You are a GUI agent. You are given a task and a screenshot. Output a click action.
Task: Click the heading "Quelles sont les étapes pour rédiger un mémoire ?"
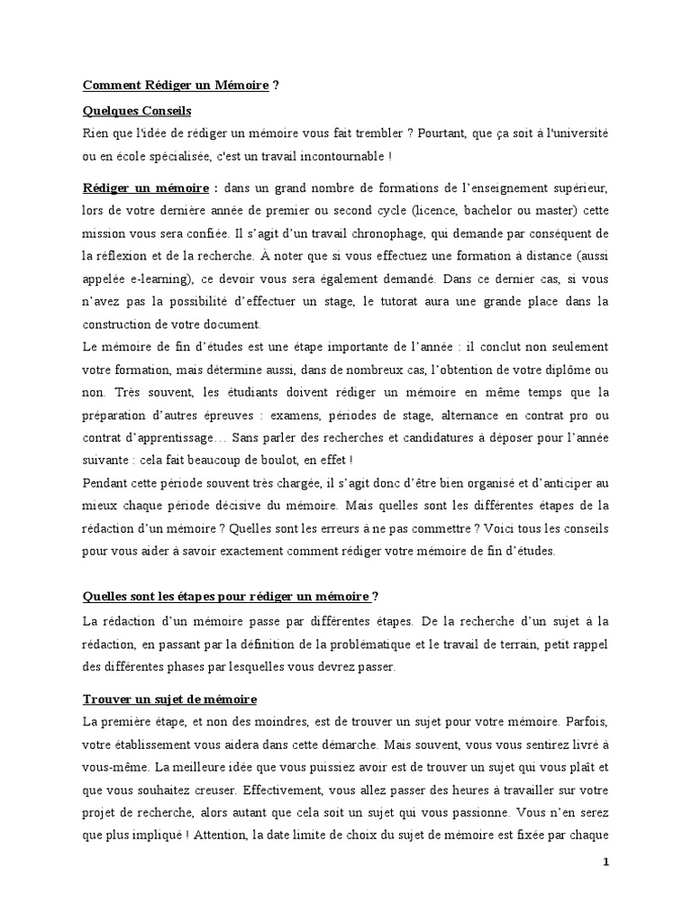click(x=231, y=597)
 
